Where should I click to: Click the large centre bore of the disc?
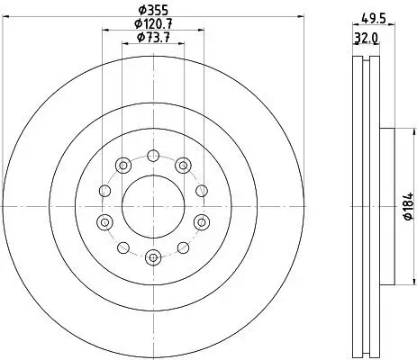coord(152,205)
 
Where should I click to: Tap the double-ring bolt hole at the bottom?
coord(152,257)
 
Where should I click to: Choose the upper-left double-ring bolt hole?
coord(122,164)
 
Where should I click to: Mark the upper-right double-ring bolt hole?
coord(183,164)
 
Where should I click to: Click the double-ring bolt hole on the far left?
coord(104,222)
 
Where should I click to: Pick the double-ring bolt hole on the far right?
coord(201,222)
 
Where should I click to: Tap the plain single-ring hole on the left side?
coord(103,190)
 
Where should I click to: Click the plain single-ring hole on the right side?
coord(202,190)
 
